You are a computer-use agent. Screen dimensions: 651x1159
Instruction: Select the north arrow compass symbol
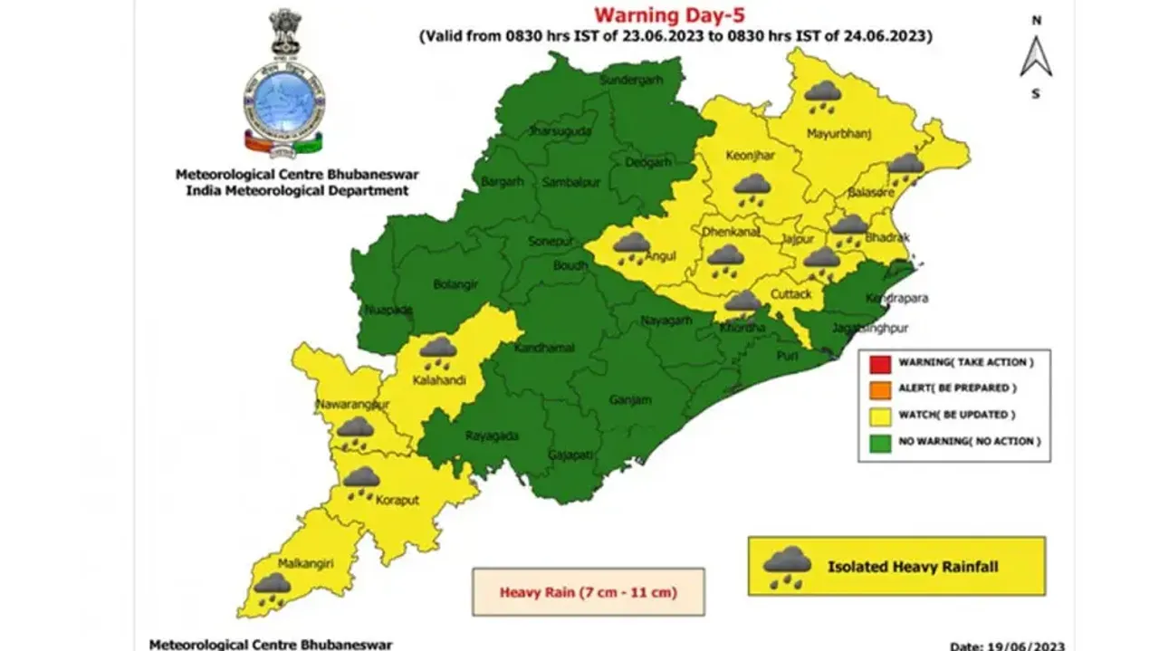tap(1035, 56)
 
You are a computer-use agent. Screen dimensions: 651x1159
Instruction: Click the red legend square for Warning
tap(877, 363)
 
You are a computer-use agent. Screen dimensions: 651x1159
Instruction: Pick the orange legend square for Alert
tap(877, 388)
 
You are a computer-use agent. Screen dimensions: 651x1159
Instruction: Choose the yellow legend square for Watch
tap(877, 415)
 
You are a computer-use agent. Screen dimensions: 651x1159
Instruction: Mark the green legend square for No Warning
tap(877, 441)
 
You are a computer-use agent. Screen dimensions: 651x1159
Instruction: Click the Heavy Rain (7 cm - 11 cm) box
tap(588, 592)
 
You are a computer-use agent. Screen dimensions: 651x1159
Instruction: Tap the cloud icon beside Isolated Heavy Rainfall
tap(787, 567)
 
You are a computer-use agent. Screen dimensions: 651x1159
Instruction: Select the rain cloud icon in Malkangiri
tap(272, 589)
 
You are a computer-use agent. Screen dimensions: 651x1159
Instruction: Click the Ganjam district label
tap(624, 399)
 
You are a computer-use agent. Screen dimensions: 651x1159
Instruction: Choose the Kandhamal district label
tap(539, 349)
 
